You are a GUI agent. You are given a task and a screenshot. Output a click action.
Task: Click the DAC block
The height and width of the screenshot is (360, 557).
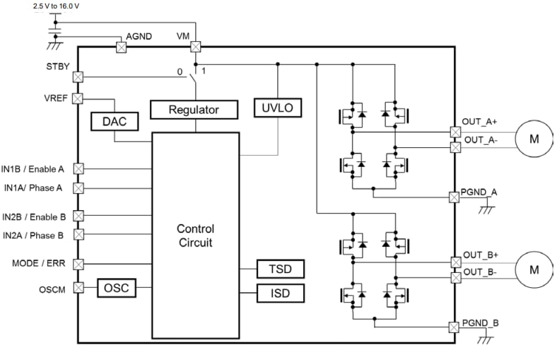pyautogui.click(x=115, y=121)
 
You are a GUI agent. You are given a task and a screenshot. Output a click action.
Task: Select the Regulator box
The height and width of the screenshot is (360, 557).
pyautogui.click(x=193, y=110)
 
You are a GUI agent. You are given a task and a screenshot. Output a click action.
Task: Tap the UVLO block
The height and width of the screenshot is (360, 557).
pyautogui.click(x=278, y=108)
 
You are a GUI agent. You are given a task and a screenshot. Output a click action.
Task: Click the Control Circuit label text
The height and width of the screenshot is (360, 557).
pyautogui.click(x=195, y=236)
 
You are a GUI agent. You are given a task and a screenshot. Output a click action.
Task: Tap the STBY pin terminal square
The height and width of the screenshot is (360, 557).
pyautogui.click(x=78, y=77)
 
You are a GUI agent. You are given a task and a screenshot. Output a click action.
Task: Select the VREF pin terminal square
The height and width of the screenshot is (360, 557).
pyautogui.click(x=78, y=98)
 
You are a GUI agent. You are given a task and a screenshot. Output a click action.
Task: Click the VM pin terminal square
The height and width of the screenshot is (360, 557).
pyautogui.click(x=195, y=47)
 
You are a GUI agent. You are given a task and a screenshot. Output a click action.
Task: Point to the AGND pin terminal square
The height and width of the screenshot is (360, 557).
pyautogui.click(x=120, y=47)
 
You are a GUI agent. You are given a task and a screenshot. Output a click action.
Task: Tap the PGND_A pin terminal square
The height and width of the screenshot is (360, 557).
pyautogui.click(x=453, y=197)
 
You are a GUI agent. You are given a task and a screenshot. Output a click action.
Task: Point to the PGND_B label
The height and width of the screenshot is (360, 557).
pyautogui.click(x=481, y=323)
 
